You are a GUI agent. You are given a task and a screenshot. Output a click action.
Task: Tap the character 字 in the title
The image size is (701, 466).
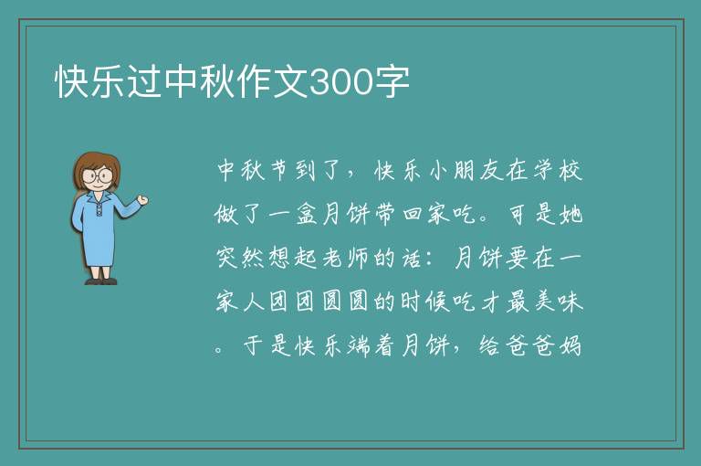click(x=392, y=82)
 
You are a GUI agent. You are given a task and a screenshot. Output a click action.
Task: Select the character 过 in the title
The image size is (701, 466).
click(x=145, y=82)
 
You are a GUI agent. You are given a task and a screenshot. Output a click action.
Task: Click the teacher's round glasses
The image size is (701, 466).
click(x=97, y=175)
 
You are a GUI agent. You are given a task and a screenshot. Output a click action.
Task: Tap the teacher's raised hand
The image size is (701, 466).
click(x=142, y=200)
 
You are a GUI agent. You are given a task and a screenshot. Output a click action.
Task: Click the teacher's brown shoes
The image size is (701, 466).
click(x=101, y=281)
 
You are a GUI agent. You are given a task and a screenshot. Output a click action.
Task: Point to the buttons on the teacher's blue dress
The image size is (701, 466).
click(x=99, y=209)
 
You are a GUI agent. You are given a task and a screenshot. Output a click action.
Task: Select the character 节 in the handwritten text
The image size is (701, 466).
click(x=280, y=171)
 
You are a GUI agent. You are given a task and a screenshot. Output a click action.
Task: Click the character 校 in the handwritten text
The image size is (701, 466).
click(x=570, y=171)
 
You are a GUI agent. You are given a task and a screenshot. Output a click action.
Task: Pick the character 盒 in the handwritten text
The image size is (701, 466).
click(x=307, y=214)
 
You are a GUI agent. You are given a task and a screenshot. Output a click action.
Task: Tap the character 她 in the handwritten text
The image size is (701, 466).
click(x=570, y=214)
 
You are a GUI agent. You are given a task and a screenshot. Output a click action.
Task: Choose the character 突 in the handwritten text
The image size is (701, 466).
click(x=227, y=258)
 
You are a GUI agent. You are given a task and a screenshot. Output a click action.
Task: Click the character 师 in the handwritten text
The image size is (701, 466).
click(x=359, y=258)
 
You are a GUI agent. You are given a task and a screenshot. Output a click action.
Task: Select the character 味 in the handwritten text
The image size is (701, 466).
click(x=570, y=301)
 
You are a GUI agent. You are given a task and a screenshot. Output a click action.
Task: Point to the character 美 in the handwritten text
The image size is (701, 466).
click(x=544, y=301)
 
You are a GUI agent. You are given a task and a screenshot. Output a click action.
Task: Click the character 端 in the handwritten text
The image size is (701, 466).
click(x=359, y=345)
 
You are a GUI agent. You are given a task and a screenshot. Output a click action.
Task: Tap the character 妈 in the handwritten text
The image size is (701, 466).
click(x=570, y=345)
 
